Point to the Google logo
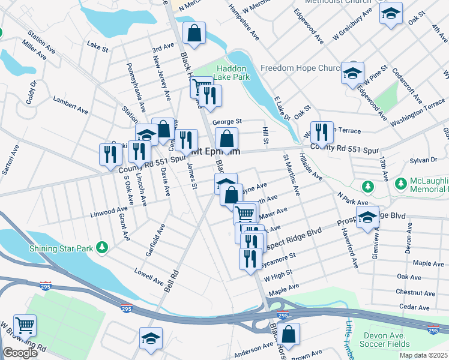pyautogui.click(x=20, y=353)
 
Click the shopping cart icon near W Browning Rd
pyautogui.click(x=25, y=325)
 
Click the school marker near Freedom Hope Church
pyautogui.click(x=352, y=73)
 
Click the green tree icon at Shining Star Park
pyautogui.click(x=103, y=247)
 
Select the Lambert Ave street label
pyautogui.click(x=70, y=103)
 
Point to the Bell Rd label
pyautogui.click(x=172, y=281)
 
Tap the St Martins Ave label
pyautogui.click(x=292, y=174)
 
